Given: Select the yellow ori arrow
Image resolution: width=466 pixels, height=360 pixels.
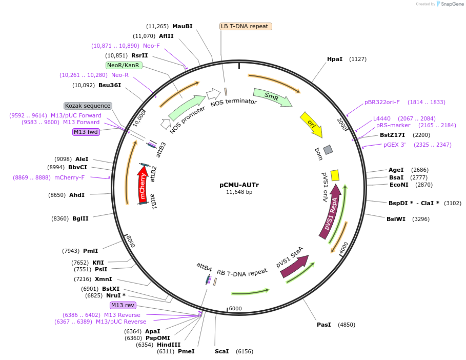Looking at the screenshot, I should (311, 124).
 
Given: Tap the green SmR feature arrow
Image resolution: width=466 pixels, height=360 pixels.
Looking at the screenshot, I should (272, 97).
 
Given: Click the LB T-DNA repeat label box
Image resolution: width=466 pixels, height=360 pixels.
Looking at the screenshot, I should (246, 26).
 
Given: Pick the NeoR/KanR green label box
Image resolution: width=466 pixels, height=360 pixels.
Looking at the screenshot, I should (124, 65).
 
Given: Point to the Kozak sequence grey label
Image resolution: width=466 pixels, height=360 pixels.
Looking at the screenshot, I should (88, 106).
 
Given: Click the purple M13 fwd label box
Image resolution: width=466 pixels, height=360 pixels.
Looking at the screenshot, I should (86, 132).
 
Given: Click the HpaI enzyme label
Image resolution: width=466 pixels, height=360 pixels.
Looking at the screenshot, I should (335, 59).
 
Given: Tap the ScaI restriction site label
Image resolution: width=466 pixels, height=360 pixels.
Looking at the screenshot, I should (222, 351).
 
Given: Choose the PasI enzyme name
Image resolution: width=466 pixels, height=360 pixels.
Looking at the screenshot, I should (324, 325).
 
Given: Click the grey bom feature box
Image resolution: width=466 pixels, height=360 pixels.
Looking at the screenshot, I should (328, 149).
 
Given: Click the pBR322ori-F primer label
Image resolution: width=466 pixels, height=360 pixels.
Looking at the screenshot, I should (382, 102).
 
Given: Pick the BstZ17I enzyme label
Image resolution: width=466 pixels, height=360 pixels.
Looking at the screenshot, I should (392, 135).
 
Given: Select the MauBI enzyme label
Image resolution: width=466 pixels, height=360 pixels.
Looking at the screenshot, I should (182, 26).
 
